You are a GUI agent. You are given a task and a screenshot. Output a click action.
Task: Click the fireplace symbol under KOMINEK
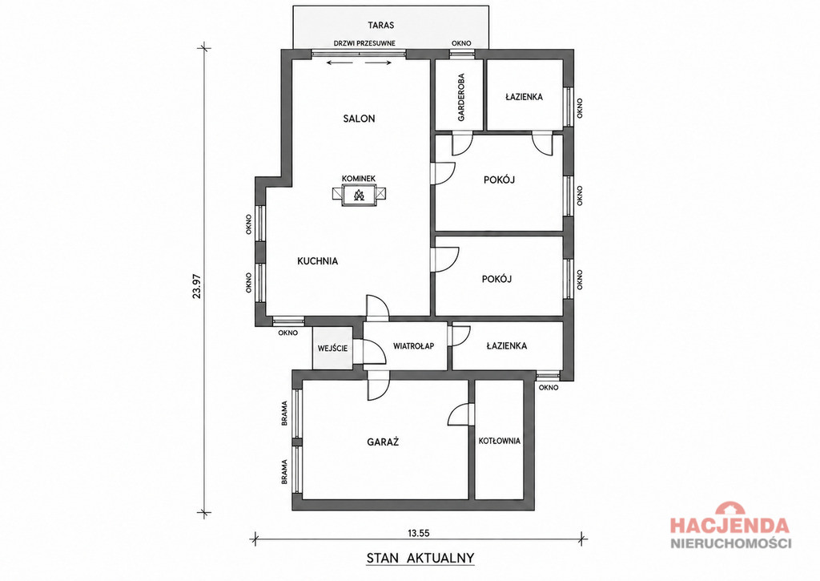(359, 196)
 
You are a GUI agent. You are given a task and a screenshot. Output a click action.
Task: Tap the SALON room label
(359, 119)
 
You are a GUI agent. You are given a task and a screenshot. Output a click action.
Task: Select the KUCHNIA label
(317, 260)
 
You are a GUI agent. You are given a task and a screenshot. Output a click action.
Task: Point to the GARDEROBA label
(460, 97)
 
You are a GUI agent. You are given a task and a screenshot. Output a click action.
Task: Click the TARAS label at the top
(380, 25)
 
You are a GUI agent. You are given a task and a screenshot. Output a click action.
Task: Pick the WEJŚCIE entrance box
(332, 348)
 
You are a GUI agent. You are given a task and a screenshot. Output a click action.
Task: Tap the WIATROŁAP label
(413, 346)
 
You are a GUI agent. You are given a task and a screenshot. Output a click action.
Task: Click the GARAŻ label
(383, 442)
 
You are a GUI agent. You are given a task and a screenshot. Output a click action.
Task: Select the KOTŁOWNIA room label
(500, 441)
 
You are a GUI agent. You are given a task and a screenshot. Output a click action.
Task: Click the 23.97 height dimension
(197, 286)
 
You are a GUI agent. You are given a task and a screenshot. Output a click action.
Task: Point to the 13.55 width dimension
(418, 534)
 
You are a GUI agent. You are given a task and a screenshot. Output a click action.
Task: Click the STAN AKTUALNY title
(420, 558)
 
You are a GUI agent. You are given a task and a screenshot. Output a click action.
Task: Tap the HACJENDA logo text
(730, 525)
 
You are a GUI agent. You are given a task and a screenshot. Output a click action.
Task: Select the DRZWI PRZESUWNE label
(364, 43)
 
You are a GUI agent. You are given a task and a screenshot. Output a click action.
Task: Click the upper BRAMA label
(284, 413)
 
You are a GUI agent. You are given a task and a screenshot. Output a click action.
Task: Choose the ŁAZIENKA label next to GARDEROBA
(524, 97)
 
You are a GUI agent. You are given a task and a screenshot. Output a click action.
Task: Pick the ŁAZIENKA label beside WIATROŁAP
(506, 345)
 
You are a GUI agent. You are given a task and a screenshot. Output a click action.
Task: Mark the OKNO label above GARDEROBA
(461, 43)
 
